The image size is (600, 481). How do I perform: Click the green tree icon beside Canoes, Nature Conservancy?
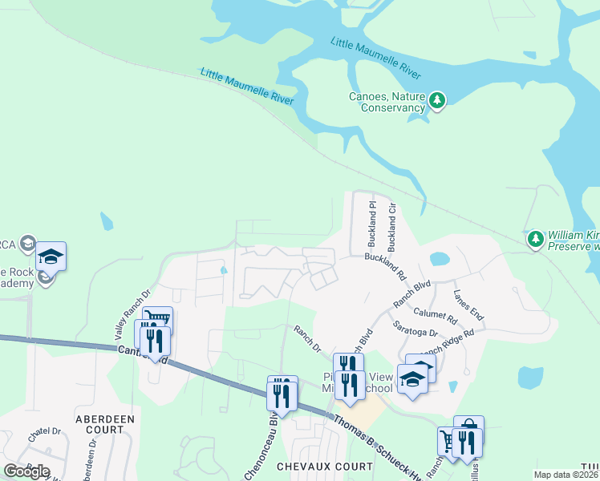point(436,100)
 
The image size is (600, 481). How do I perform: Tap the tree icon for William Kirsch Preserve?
point(535,238)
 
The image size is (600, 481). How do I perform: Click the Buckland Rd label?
point(386,266)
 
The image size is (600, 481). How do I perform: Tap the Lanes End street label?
point(468,305)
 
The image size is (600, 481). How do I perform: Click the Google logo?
point(26,471)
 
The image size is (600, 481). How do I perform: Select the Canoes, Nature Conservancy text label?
point(386,102)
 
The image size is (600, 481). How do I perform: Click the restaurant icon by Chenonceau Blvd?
point(282,393)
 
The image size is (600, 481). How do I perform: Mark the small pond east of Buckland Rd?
point(440,259)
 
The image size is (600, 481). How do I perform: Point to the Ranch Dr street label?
point(307,338)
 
